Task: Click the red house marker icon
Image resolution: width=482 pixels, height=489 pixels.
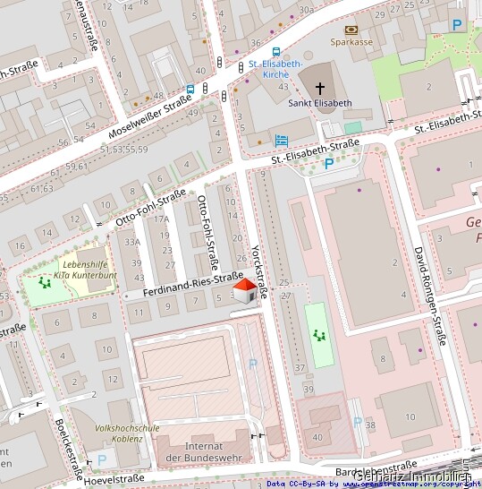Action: pos(245,291)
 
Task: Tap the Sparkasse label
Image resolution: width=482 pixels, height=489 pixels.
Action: pos(350,41)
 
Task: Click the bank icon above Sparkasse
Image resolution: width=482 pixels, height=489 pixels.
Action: pos(350,30)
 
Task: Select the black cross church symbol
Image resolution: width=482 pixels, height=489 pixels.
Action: pos(320,90)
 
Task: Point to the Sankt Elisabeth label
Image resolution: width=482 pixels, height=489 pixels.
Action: pos(320,104)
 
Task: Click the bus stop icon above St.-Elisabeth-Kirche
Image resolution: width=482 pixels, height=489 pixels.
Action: pos(275,52)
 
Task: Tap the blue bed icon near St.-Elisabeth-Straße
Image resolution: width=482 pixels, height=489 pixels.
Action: pos(282,140)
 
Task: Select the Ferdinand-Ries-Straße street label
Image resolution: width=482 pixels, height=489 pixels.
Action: pos(193,285)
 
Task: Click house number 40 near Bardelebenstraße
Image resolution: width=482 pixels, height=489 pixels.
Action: pos(317,436)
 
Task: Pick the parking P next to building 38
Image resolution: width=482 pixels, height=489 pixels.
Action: pos(358,422)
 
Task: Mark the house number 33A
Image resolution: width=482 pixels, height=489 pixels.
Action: pos(132,241)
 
